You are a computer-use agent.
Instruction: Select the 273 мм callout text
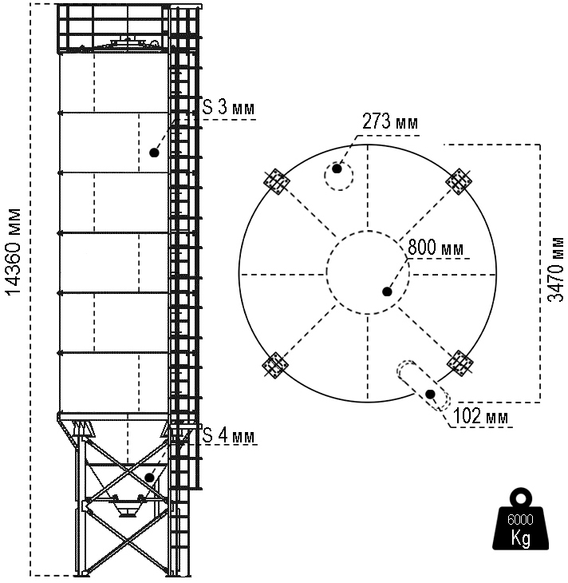(x=389, y=122)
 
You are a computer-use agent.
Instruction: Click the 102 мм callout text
(x=481, y=416)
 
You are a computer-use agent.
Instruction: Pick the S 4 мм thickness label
(x=228, y=436)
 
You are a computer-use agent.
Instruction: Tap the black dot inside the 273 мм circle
(x=338, y=169)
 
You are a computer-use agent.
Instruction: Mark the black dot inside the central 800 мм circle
(x=387, y=291)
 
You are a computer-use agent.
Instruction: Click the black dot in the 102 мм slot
(x=431, y=394)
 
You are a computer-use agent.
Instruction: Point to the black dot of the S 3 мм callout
(x=154, y=151)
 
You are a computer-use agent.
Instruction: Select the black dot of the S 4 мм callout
(x=149, y=478)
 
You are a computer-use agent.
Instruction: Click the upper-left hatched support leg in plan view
(x=277, y=181)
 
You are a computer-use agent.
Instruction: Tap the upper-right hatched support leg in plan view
(x=460, y=181)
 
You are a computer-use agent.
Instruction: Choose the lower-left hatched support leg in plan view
(x=276, y=365)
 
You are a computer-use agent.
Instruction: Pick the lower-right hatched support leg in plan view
(x=460, y=364)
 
